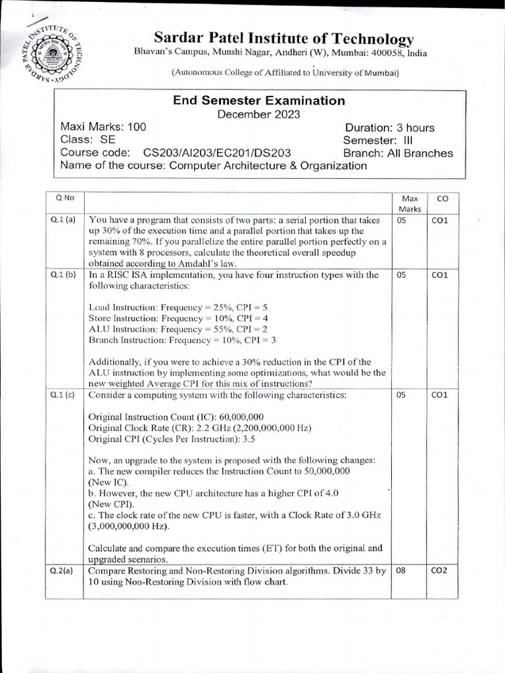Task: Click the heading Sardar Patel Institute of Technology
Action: coord(283,39)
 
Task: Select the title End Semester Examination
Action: coord(258,101)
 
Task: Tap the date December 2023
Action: coord(258,114)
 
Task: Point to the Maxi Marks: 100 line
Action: coord(103,127)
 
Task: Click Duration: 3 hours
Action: coord(389,128)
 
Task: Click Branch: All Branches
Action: coord(398,153)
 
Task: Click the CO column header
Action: coord(439,198)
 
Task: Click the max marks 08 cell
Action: coord(400,570)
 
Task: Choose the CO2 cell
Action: coord(439,570)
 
